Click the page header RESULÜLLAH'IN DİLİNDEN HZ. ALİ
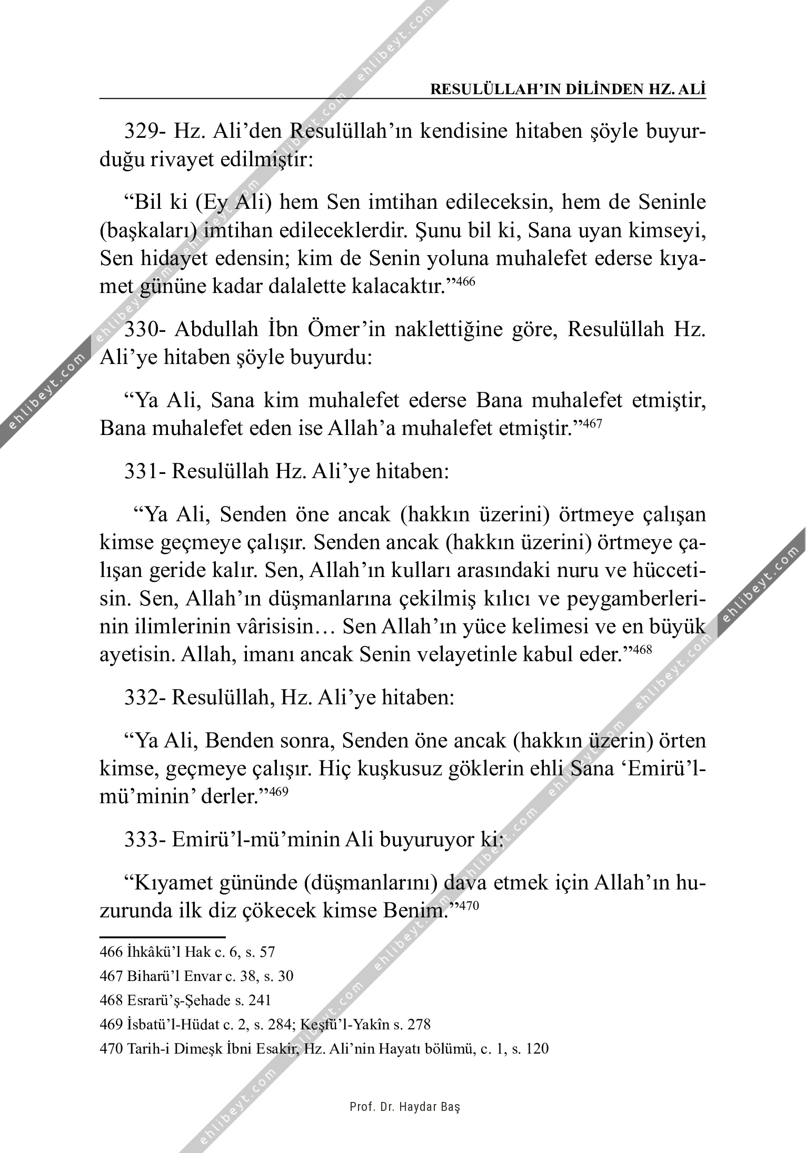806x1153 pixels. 568,89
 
